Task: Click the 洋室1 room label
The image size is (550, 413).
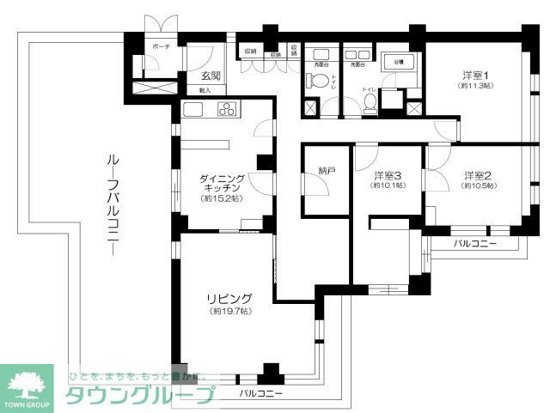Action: [x=474, y=75]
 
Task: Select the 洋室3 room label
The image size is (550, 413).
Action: [x=387, y=174]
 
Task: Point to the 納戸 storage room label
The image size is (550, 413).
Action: [x=326, y=172]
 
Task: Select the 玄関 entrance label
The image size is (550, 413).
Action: [x=204, y=75]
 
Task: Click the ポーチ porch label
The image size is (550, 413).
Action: [x=160, y=46]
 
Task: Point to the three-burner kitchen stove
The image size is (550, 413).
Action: [x=227, y=109]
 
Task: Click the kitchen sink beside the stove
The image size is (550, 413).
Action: [x=192, y=109]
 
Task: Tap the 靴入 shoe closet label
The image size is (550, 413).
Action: [x=205, y=89]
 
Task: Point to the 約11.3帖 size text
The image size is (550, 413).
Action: [x=474, y=87]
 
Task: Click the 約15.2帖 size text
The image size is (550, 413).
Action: [x=222, y=198]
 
